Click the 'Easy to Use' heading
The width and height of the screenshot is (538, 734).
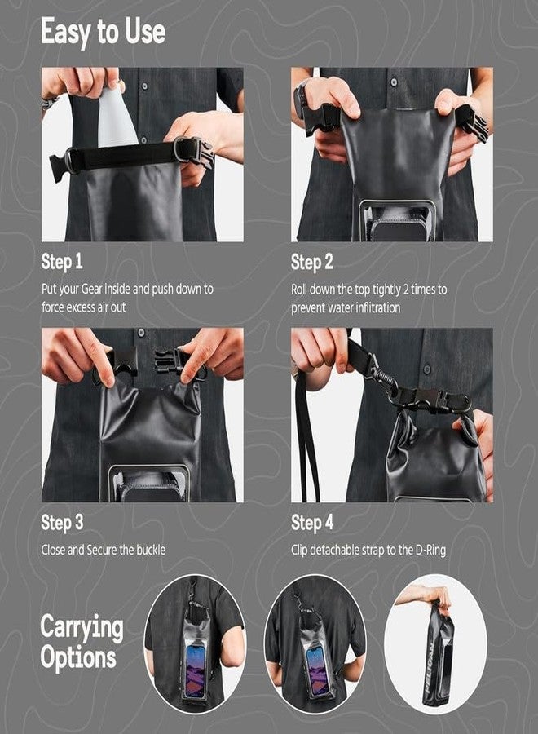tap(103, 33)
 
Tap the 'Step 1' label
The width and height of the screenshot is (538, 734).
tap(62, 263)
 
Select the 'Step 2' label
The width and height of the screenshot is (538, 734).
tap(312, 263)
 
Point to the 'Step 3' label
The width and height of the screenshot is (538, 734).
tap(62, 523)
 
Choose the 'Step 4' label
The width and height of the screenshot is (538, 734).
tap(312, 523)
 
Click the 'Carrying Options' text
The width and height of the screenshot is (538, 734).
tap(82, 643)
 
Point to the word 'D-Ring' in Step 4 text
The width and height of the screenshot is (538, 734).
tap(426, 550)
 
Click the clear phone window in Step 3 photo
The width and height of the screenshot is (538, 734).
tap(149, 483)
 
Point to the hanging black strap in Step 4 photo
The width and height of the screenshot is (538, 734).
tap(306, 440)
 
